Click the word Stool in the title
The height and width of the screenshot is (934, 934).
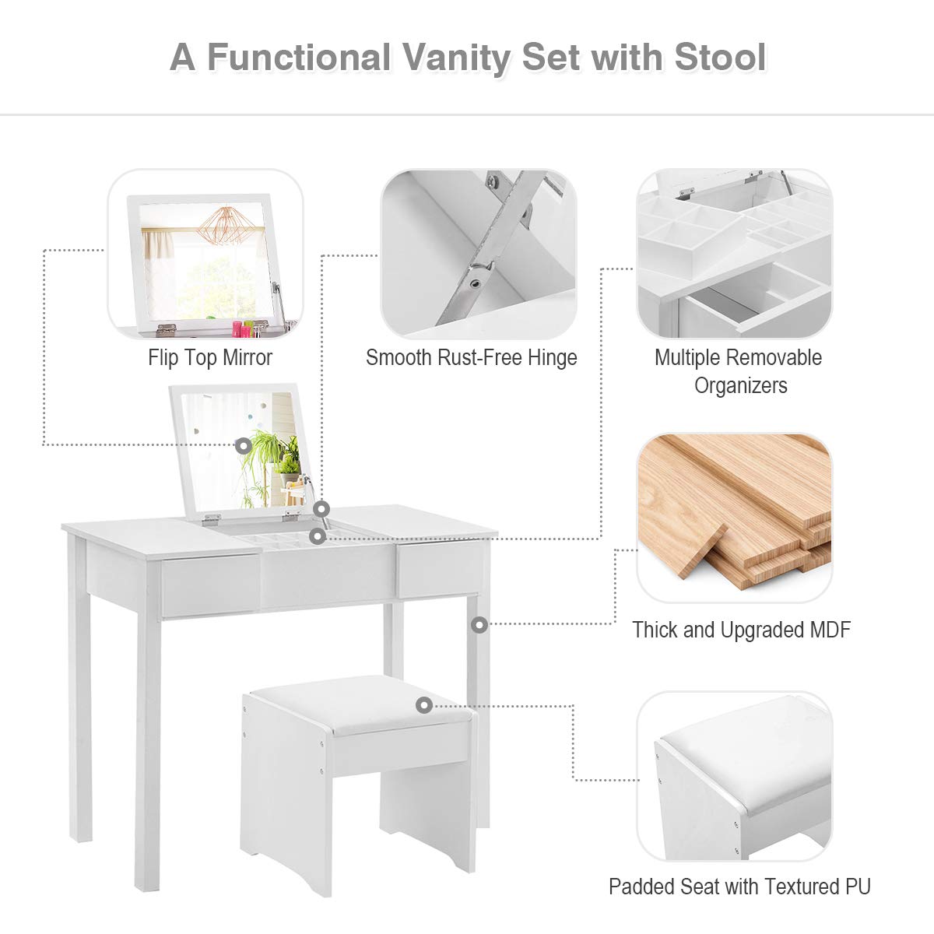720,58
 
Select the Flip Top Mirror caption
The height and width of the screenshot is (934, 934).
210,358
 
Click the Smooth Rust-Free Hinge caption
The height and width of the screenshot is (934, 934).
472,358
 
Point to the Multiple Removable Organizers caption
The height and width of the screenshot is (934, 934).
739,371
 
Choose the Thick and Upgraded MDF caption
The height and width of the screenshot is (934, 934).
741,630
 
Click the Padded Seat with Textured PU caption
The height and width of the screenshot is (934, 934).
739,887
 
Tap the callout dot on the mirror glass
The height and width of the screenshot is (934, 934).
244,446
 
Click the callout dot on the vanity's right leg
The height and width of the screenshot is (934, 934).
479,624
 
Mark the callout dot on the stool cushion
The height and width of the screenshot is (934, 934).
423,705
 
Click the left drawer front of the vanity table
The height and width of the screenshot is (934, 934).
210,585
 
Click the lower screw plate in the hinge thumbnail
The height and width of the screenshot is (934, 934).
476,276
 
